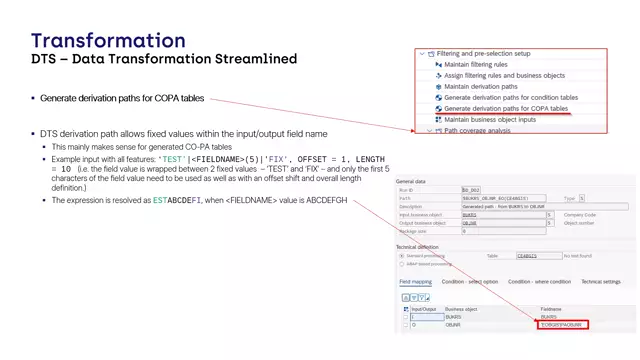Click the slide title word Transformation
(108, 41)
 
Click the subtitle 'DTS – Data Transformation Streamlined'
(164, 60)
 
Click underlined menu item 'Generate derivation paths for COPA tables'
(506, 108)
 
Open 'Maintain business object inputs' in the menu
(490, 119)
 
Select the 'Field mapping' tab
(416, 282)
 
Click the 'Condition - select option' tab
(469, 282)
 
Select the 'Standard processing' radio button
(402, 255)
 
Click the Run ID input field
(473, 190)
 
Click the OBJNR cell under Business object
(453, 325)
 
